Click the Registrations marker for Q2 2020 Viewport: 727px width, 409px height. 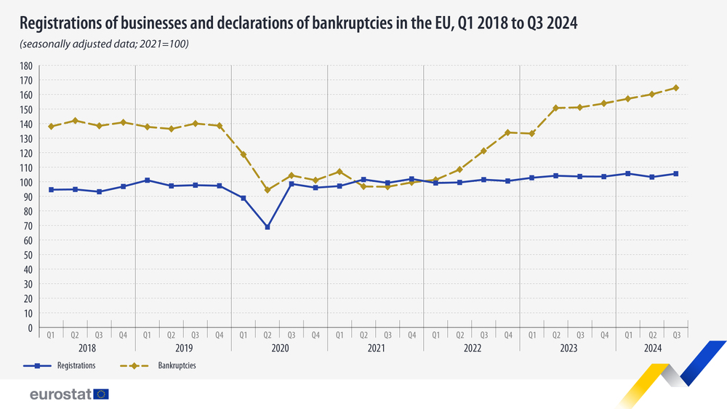(268, 227)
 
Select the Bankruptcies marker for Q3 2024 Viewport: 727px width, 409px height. (676, 88)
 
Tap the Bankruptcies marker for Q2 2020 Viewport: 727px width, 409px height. (268, 190)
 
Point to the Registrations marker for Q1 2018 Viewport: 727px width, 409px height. (51, 190)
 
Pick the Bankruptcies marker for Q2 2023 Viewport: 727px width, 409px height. (556, 108)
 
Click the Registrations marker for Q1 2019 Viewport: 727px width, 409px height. (148, 180)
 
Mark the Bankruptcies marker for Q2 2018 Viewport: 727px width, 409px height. (75, 121)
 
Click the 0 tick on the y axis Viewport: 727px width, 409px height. (37, 327)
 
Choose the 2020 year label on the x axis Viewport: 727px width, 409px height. (279, 349)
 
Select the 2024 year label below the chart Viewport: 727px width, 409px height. (652, 349)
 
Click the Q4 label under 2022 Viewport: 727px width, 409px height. (507, 335)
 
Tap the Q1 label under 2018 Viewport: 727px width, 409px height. (51, 335)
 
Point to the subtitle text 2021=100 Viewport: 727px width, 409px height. (166, 45)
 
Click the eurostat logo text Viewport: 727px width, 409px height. (60, 394)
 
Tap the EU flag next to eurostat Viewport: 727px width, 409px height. (101, 394)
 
